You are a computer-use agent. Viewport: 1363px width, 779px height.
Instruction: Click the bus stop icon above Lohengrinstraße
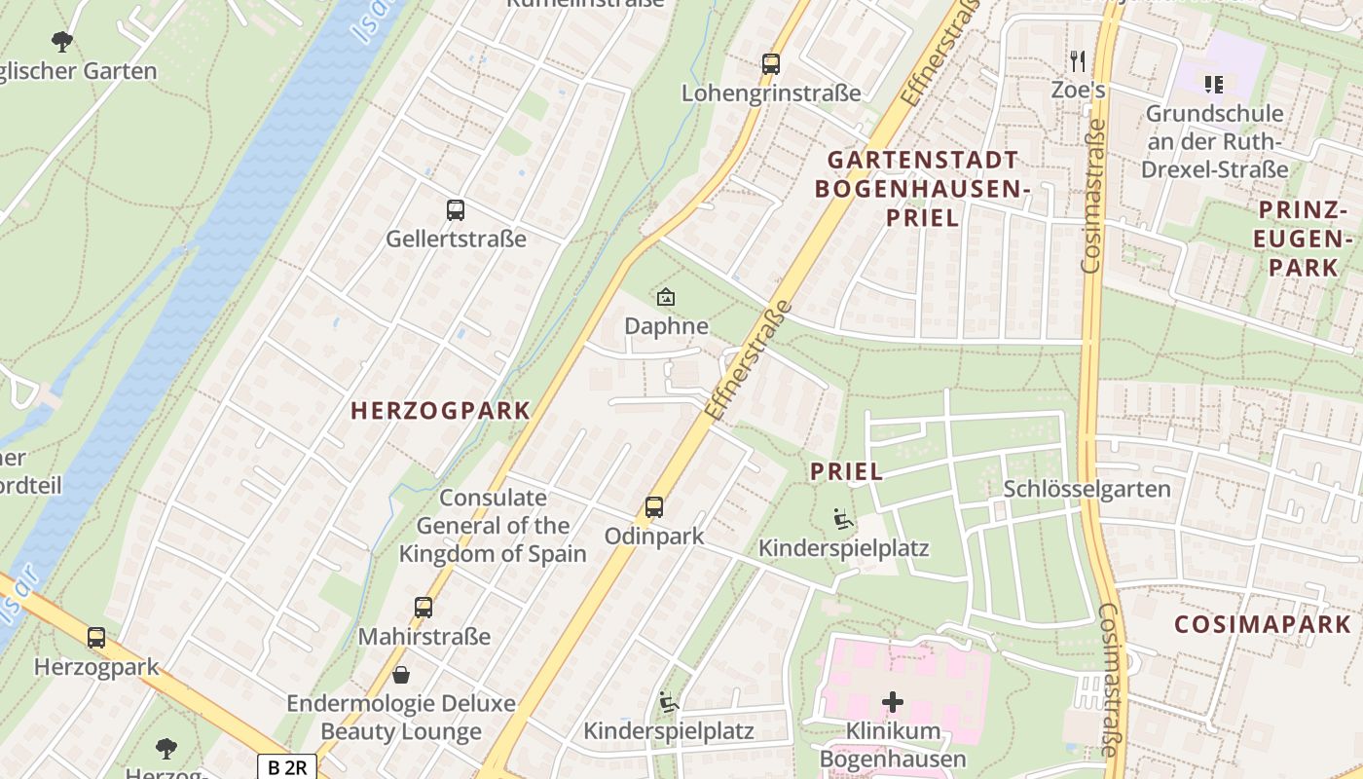pos(771,64)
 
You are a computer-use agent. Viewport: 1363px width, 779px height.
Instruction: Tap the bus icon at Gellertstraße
pos(455,209)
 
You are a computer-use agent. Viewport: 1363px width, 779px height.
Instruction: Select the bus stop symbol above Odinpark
pos(653,507)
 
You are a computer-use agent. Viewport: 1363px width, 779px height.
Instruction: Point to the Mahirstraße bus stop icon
pos(423,608)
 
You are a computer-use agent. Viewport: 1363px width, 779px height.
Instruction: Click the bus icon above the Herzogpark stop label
pos(95,638)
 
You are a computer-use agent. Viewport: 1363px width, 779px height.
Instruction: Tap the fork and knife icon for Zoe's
pos(1077,61)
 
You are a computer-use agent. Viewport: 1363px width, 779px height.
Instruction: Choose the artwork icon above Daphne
pos(666,297)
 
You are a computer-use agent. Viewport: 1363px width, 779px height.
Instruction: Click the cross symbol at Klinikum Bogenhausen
pos(892,701)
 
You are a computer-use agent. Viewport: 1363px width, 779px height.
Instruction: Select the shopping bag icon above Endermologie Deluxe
pos(400,674)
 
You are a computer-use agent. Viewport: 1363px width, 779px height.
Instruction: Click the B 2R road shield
pos(287,767)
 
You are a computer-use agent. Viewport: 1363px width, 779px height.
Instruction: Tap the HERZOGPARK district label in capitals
pos(440,411)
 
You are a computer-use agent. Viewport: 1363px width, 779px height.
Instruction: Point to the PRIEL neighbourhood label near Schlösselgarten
pos(846,472)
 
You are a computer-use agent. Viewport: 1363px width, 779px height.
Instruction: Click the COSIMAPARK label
pos(1262,624)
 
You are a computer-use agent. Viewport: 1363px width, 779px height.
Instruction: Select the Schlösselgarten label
pos(1087,489)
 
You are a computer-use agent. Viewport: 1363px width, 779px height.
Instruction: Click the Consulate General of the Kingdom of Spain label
pos(493,526)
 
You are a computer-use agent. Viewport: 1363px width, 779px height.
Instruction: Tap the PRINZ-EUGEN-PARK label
pos(1305,239)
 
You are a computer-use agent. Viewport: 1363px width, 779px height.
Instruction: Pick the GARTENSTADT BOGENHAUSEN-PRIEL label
pos(922,188)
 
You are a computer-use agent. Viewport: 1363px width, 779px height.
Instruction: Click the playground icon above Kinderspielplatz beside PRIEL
pos(843,519)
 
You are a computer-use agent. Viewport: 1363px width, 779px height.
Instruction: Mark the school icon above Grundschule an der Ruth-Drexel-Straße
pos(1213,85)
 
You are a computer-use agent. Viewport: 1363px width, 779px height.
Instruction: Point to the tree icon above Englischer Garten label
pos(62,41)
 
